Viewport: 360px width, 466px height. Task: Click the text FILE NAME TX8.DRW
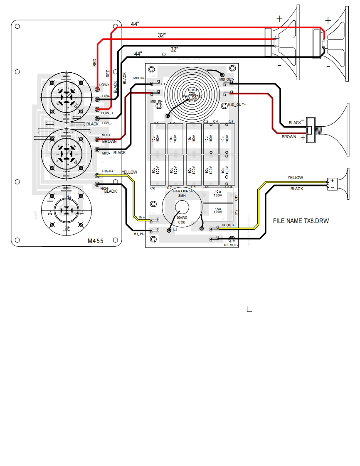pos(301,221)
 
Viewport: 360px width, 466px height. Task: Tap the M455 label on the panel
pos(96,240)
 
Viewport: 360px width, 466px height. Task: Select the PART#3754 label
pos(181,191)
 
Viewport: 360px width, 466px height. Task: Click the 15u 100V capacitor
pos(217,210)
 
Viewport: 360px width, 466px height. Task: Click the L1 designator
pos(163,84)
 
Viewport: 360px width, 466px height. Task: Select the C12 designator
pos(236,212)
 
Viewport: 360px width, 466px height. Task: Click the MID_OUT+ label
pos(237,105)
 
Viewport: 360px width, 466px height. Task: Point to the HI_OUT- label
pos(231,245)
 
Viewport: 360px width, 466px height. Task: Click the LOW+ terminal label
pos(104,85)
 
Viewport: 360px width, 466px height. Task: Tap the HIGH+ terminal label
pos(108,171)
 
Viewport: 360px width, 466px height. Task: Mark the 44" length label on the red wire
pos(135,24)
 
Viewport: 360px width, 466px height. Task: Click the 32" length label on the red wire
pos(162,36)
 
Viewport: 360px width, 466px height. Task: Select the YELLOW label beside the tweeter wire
pos(295,178)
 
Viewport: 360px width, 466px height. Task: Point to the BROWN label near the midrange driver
pos(289,137)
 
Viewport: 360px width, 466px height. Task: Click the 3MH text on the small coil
pos(182,196)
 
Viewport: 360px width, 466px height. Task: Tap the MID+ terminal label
pos(106,135)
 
